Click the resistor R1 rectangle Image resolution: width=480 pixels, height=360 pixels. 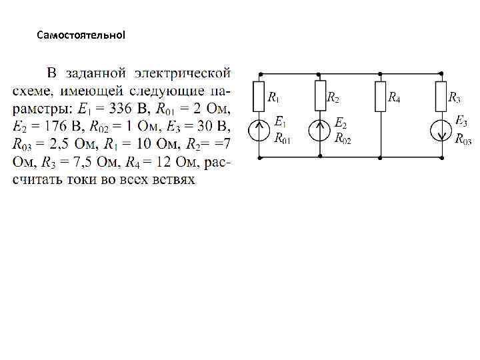[259, 96]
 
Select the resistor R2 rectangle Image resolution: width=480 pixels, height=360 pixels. [320, 96]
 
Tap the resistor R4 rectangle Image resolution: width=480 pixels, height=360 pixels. [380, 96]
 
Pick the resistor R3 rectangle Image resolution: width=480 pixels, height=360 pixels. [441, 96]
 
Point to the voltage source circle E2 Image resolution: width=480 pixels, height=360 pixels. [320, 130]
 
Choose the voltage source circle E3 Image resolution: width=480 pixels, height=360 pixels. [441, 130]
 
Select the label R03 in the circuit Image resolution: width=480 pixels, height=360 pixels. [463, 139]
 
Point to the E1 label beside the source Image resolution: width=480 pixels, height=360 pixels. [280, 122]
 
